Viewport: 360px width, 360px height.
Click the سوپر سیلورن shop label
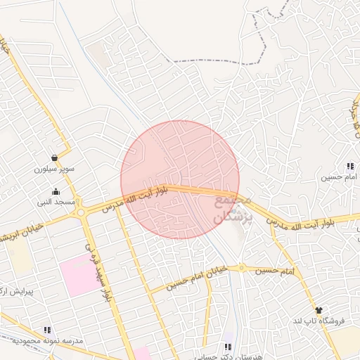[54, 169]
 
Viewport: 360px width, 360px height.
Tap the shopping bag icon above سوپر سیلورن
[55, 157]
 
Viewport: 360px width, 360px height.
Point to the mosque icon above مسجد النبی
[56, 191]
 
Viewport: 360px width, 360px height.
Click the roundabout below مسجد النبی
[83, 211]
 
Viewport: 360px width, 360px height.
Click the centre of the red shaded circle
[180, 179]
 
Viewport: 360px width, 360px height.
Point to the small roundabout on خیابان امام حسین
[241, 267]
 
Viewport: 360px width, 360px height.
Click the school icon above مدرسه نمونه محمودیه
[47, 329]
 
